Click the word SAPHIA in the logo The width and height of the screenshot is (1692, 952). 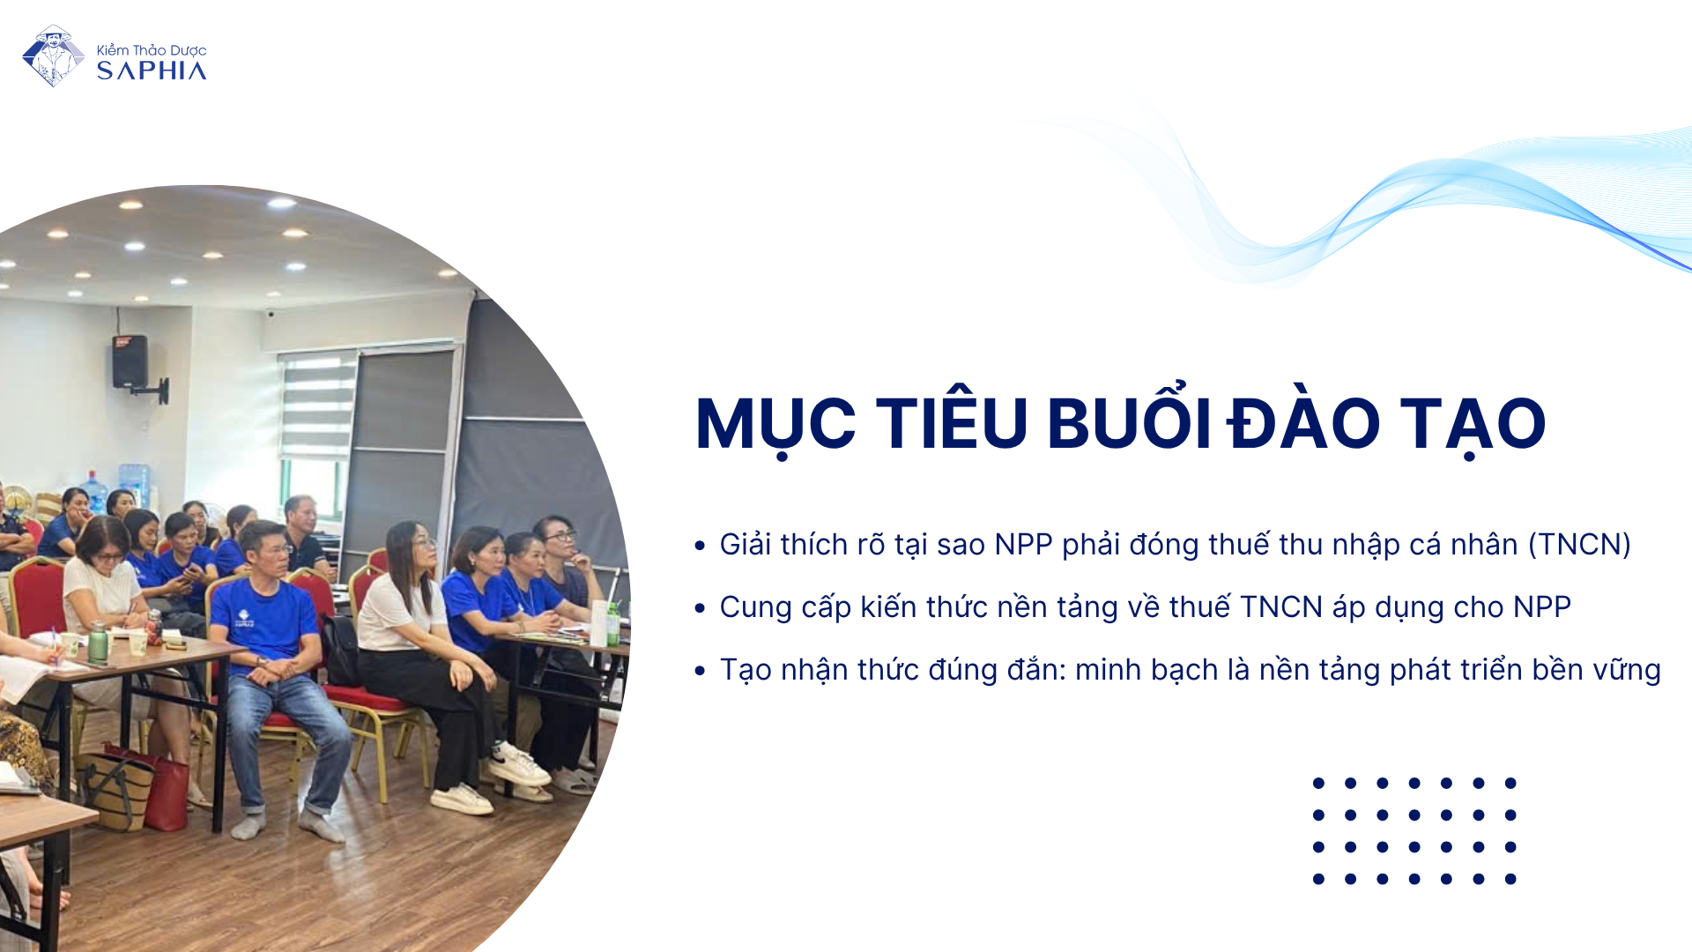click(152, 71)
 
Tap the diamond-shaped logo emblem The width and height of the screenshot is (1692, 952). click(53, 56)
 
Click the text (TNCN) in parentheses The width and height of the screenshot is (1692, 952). click(1579, 545)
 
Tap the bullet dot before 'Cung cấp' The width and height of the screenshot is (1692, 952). click(700, 608)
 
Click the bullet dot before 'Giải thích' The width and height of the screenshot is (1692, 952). click(700, 546)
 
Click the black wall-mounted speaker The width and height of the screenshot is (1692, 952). click(130, 361)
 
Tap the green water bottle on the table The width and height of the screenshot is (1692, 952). click(98, 643)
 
